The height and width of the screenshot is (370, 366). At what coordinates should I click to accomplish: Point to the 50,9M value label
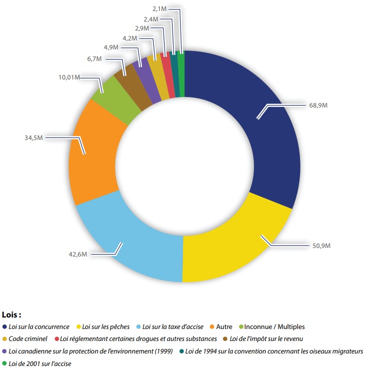321,245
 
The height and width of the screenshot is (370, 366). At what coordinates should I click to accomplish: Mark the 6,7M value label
94,59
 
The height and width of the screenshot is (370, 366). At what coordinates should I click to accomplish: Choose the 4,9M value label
111,47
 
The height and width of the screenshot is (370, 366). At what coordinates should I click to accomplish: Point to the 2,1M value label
159,8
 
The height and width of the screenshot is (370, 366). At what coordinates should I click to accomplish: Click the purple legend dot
4,351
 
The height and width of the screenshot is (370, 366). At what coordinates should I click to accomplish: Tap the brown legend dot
225,339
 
